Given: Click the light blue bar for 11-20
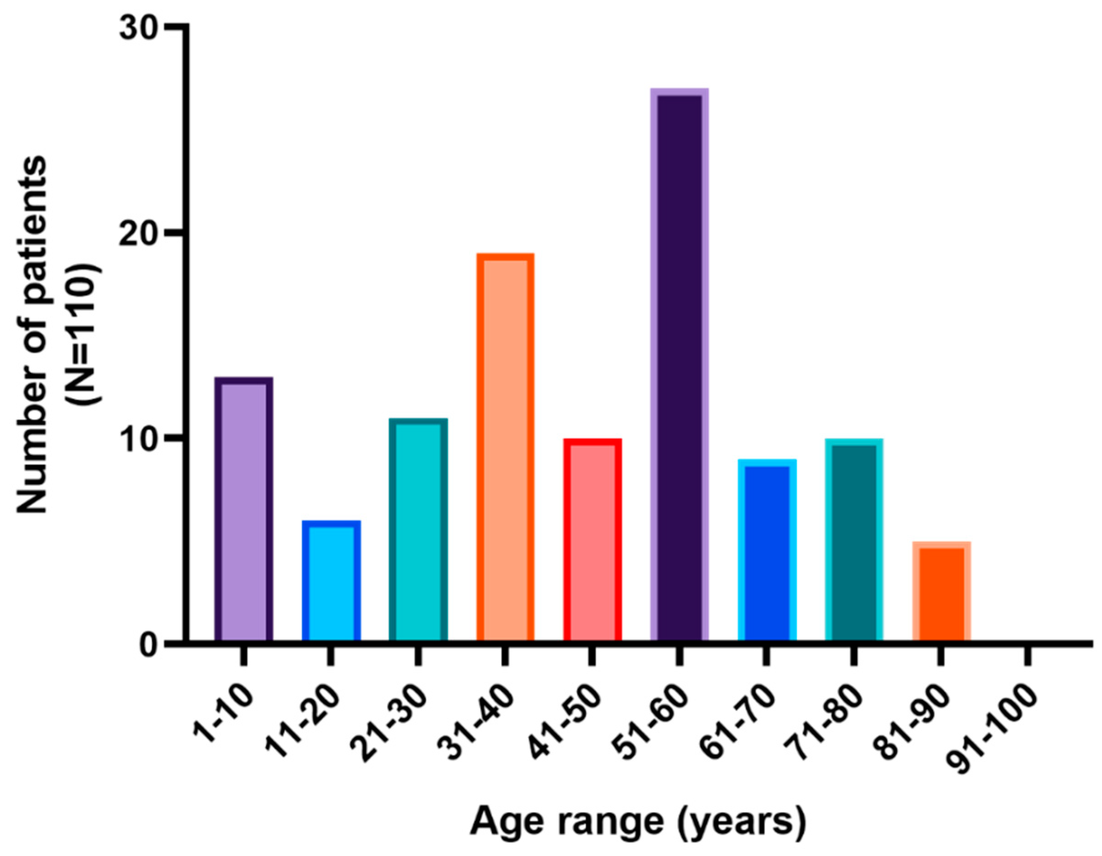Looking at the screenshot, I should (x=331, y=581).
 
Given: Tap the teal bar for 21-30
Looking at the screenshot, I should (x=418, y=530).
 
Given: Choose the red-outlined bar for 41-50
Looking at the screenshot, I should (x=592, y=540).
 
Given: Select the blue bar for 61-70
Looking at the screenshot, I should (x=767, y=550).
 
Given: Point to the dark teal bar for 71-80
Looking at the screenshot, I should (x=854, y=540).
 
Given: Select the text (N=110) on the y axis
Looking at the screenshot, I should (x=86, y=333).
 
